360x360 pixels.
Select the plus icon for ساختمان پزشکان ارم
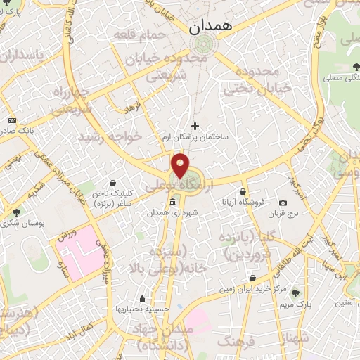click(x=195, y=126)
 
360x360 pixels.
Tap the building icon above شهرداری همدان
click(x=172, y=202)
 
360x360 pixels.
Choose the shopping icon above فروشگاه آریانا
click(x=243, y=191)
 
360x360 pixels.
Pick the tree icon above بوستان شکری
click(x=16, y=211)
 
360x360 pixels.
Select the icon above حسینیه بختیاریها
click(x=143, y=298)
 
